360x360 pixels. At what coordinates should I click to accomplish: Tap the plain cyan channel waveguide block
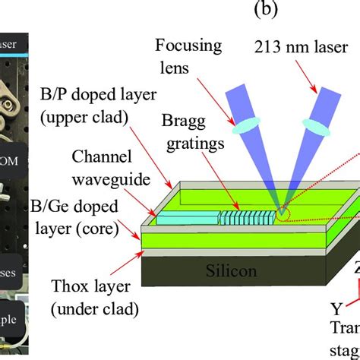pyautogui.click(x=186, y=218)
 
